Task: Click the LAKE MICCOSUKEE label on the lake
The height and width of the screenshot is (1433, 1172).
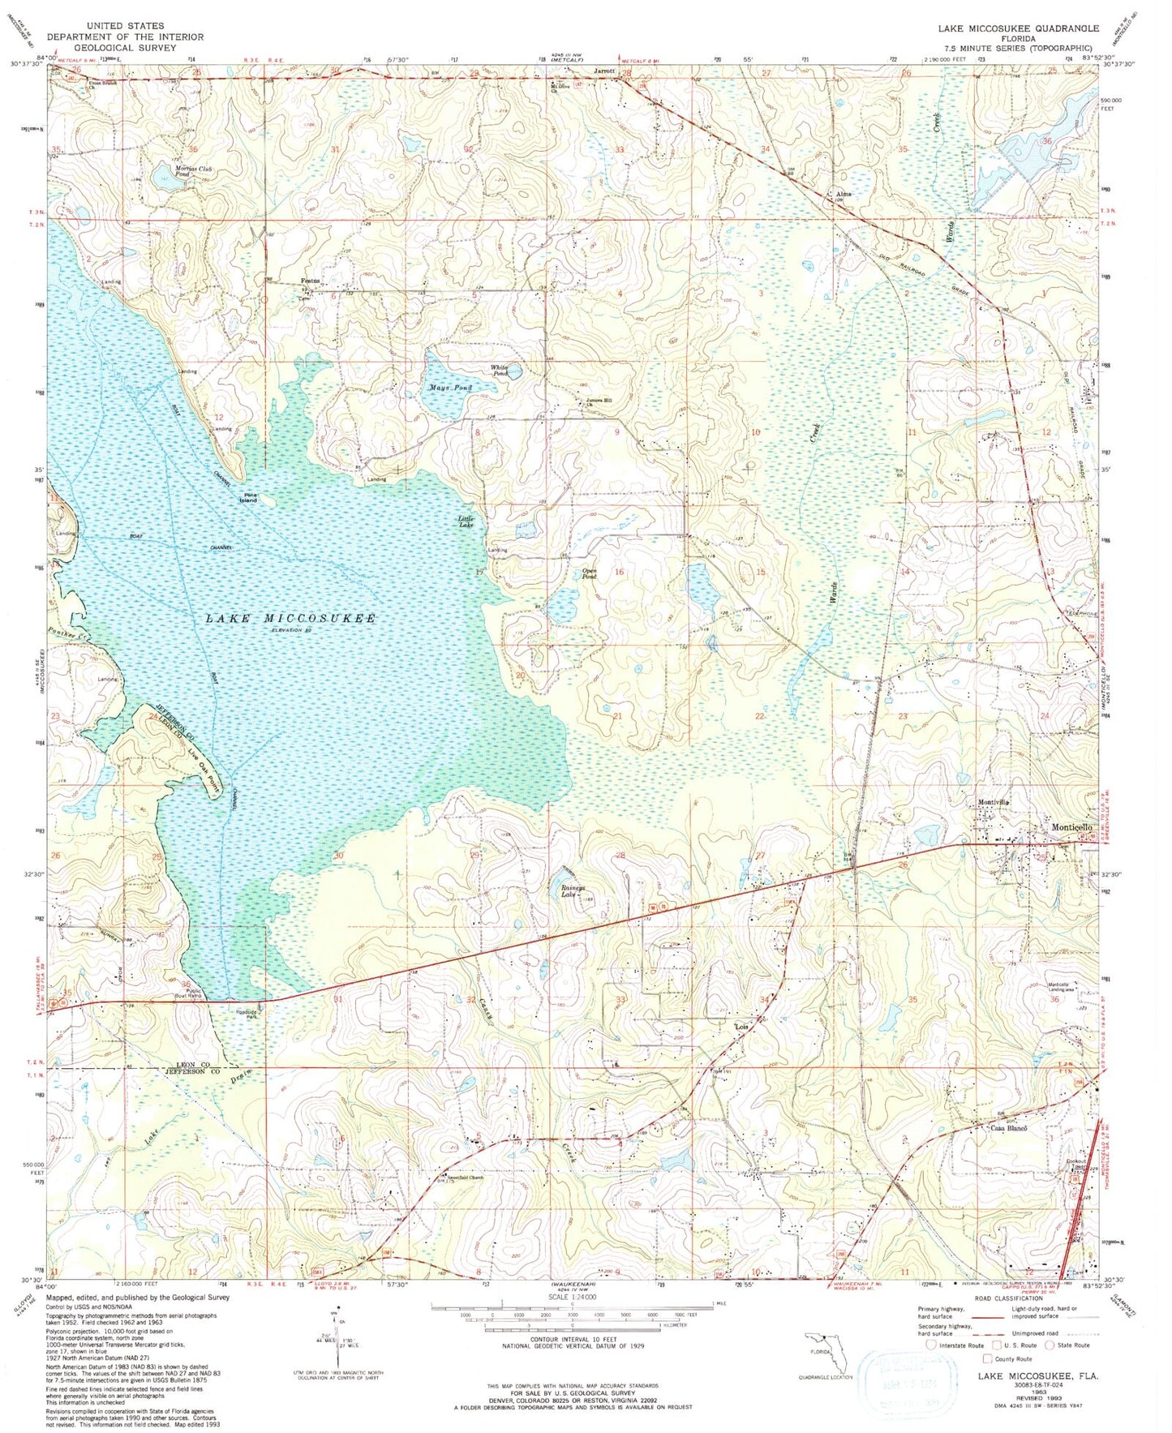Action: pyautogui.click(x=290, y=619)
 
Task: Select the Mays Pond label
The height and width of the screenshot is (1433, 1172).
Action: pyautogui.click(x=450, y=388)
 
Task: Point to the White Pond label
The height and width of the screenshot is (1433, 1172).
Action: pyautogui.click(x=500, y=371)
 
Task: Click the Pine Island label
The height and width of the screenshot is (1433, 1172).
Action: pyautogui.click(x=247, y=498)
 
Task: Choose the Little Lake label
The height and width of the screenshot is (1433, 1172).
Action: pyautogui.click(x=466, y=522)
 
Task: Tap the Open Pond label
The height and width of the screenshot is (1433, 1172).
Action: pyautogui.click(x=590, y=573)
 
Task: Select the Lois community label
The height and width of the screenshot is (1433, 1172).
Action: pyautogui.click(x=740, y=1027)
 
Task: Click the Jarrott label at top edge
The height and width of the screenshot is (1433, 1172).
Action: pyautogui.click(x=605, y=71)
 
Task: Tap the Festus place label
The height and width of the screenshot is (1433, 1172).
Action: pyautogui.click(x=311, y=281)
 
